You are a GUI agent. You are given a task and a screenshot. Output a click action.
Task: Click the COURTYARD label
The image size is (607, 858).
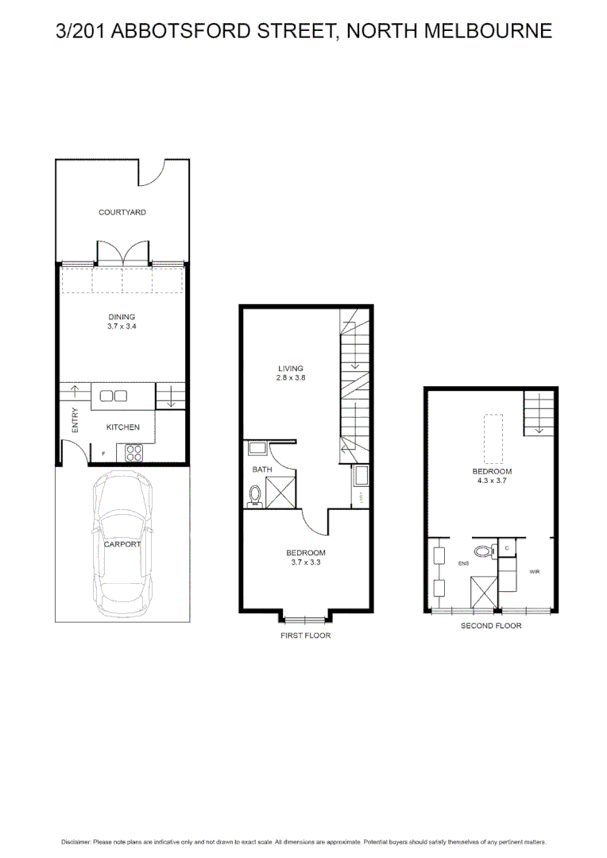122,213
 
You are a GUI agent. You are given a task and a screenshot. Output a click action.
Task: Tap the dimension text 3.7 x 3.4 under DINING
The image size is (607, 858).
122,326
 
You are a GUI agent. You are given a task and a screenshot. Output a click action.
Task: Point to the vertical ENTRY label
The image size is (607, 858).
75,420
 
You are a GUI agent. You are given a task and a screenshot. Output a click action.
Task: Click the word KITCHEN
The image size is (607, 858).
123,427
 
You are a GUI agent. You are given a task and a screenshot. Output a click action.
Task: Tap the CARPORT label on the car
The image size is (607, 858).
122,544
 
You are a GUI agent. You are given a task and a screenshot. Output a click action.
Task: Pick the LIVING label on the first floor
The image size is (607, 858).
291,369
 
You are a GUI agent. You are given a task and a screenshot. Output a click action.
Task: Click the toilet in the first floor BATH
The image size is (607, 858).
255,495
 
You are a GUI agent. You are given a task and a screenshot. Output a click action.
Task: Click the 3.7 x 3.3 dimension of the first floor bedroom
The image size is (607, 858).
306,562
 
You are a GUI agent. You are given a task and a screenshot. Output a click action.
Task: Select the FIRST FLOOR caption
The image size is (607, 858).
306,636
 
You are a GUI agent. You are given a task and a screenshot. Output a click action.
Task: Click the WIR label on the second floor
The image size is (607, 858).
534,571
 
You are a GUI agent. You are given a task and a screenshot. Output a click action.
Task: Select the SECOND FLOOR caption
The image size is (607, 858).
491,626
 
